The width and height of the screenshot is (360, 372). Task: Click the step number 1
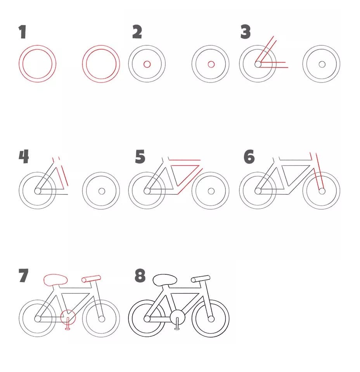tap(22, 32)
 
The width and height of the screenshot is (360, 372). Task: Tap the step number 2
tap(137, 32)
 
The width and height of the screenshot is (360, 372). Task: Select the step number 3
tap(246, 32)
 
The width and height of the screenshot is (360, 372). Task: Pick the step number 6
tap(249, 157)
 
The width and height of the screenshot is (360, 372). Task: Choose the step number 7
tap(24, 276)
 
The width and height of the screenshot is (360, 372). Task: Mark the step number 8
tap(140, 276)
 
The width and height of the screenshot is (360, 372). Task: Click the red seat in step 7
tap(55, 279)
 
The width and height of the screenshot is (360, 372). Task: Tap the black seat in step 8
tap(165, 280)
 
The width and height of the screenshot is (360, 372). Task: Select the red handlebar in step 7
tap(91, 279)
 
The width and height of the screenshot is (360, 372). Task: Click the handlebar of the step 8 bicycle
tap(201, 279)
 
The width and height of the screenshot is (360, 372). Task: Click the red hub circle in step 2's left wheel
tap(147, 64)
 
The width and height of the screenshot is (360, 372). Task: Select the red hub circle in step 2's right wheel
tap(211, 64)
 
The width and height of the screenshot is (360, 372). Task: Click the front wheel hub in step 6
tap(322, 191)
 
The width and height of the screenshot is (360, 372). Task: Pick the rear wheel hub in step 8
tap(147, 319)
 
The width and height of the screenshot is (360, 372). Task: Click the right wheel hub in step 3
tap(322, 64)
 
